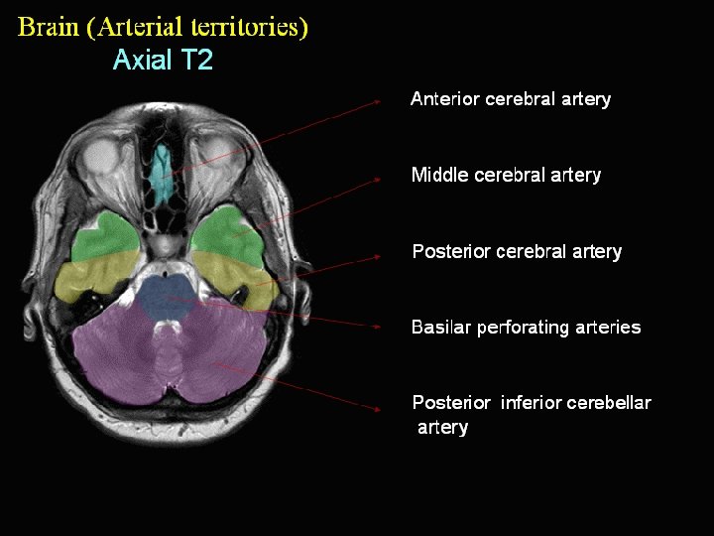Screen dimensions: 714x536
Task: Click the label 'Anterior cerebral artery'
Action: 510,99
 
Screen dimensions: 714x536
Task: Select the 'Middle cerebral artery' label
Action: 506,176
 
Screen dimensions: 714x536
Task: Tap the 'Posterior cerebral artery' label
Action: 516,252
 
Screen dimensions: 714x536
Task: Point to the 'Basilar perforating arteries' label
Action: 526,328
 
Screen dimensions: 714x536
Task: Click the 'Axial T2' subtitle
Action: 163,61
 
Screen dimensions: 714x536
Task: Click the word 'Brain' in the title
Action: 49,27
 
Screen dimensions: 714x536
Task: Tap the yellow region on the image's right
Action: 238,273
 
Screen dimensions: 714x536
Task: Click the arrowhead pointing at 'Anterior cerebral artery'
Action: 378,100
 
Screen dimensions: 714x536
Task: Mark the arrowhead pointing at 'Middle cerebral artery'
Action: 378,179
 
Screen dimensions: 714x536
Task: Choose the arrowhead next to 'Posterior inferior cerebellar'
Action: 378,408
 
